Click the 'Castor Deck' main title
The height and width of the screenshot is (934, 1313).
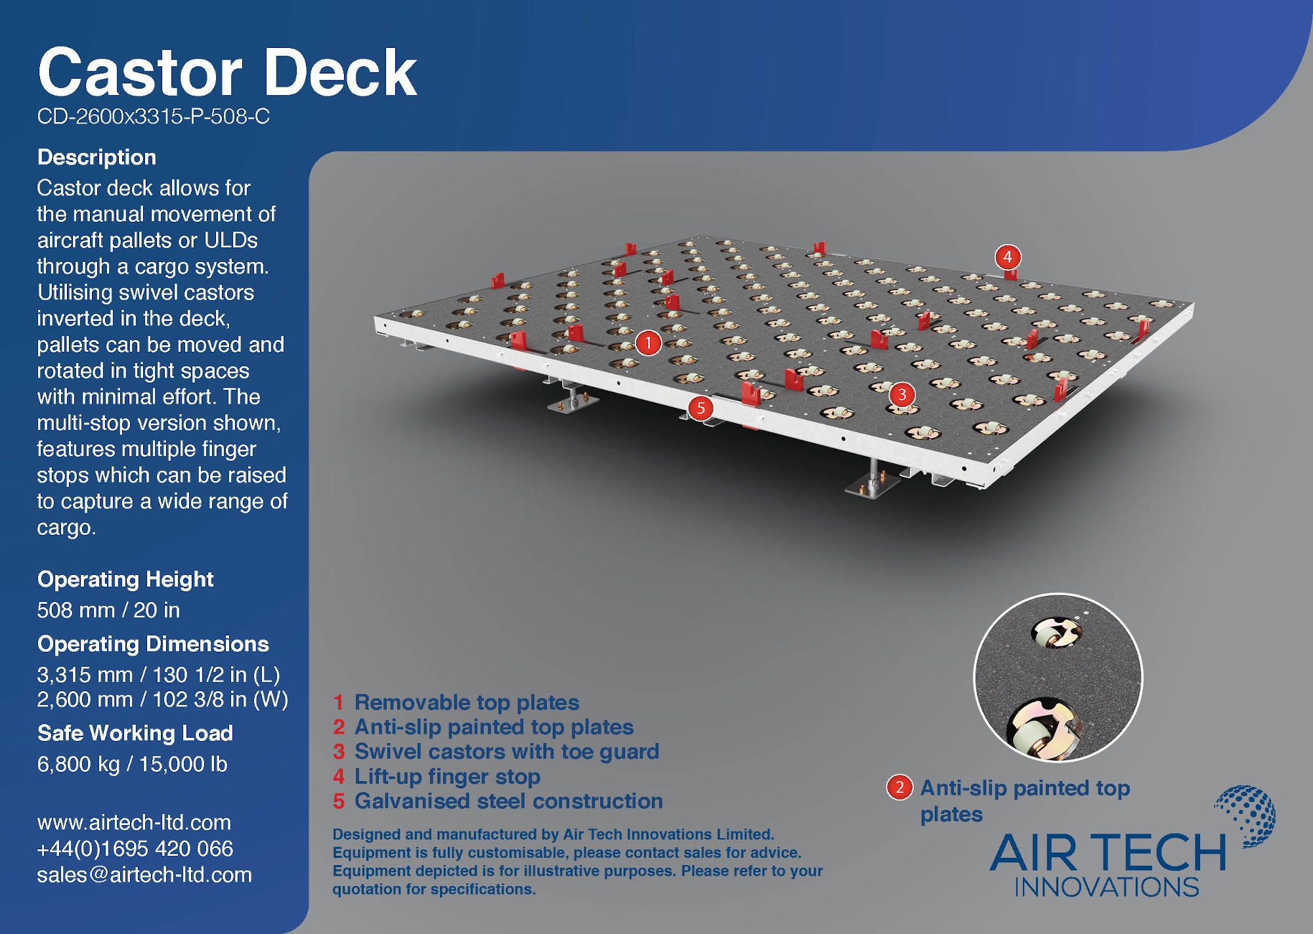(x=227, y=73)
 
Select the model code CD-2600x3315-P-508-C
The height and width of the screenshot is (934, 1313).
(x=153, y=116)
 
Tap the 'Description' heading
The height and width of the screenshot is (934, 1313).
(x=97, y=157)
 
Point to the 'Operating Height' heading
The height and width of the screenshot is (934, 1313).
(x=125, y=579)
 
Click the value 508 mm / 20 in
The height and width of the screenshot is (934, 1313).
(x=108, y=610)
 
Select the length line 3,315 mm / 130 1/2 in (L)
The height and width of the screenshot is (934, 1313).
(x=159, y=674)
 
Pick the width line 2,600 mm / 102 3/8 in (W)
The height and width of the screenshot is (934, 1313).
(x=163, y=699)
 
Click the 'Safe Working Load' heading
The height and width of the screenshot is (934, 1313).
(x=135, y=732)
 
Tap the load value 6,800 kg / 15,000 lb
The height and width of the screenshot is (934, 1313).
(x=133, y=764)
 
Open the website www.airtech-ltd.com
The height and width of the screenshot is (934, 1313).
(x=134, y=822)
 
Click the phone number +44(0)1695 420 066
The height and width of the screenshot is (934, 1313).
(x=135, y=848)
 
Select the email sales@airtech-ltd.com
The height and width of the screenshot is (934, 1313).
(x=144, y=874)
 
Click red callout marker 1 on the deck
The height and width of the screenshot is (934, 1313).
(x=649, y=342)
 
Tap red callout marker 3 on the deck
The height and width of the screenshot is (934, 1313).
(x=902, y=394)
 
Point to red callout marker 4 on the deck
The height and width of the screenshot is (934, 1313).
(x=1008, y=257)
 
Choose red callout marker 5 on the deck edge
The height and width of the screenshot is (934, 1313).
(x=700, y=408)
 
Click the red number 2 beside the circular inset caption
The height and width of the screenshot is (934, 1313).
(x=899, y=787)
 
